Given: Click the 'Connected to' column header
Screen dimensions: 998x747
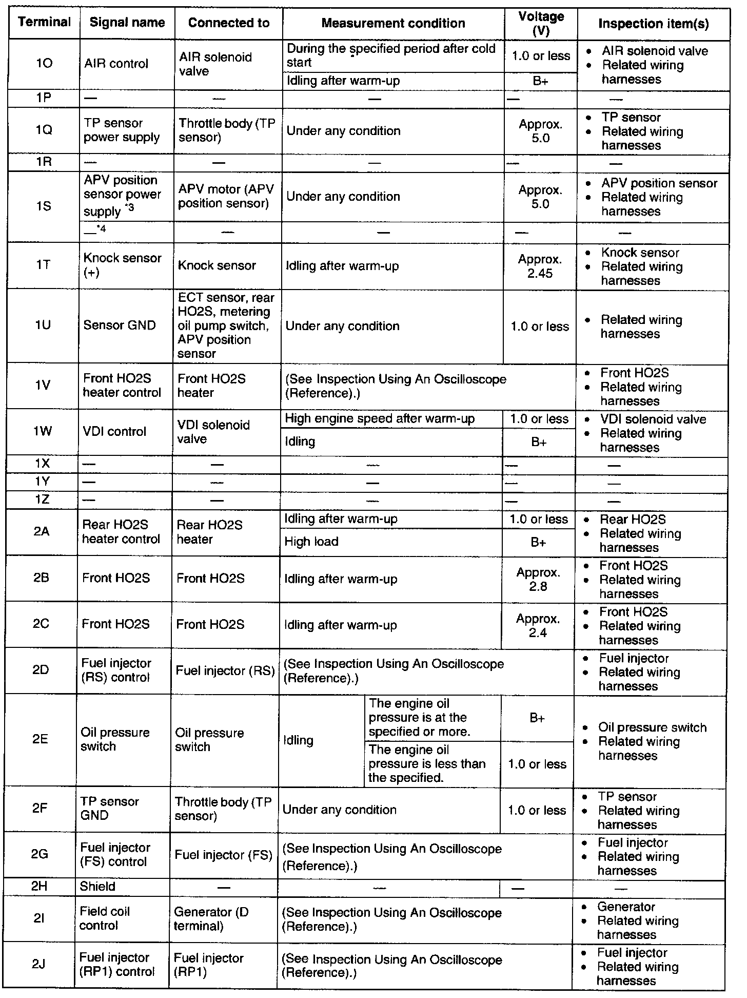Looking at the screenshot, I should coord(228,23).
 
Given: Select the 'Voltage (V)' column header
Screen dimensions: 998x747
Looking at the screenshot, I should coord(541,24).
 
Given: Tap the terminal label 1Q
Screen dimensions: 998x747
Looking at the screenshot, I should coord(44,130).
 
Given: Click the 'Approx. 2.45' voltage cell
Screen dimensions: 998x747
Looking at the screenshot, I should coord(540,266).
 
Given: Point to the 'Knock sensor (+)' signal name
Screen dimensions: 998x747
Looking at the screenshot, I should coord(122,265).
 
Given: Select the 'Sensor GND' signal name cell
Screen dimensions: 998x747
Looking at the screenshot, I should coord(119,325).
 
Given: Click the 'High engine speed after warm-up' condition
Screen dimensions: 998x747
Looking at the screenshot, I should coord(380,419).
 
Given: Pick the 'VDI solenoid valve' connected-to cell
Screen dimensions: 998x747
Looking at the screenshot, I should coord(213,432).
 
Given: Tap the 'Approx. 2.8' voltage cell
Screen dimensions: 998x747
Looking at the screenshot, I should coord(538,579).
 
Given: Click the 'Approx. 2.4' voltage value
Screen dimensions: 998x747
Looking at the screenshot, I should coord(537,625).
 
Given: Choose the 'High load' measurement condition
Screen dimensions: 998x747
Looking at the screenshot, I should coord(311,542).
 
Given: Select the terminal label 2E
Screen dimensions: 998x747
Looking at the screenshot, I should coord(40,739).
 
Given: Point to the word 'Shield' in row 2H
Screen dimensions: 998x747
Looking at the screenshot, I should coord(97,887).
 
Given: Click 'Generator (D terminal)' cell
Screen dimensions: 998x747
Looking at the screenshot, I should coord(211,918).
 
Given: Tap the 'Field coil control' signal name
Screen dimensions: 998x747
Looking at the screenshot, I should coord(105,918).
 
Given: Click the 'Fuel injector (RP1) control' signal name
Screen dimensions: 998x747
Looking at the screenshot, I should coord(116,965).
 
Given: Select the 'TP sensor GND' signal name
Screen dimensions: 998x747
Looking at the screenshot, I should coord(109,809).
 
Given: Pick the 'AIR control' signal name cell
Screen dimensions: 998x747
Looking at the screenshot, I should coord(116,64).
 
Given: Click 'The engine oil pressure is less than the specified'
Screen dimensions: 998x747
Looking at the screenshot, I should coord(427,763).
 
